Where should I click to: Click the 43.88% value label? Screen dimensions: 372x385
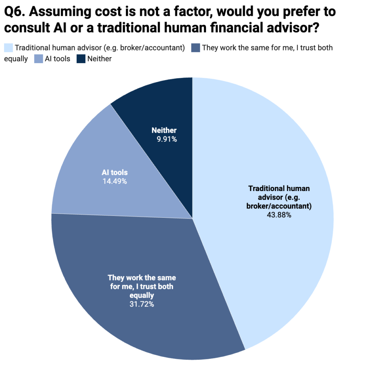[279, 216]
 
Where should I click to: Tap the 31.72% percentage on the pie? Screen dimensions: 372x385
[142, 304]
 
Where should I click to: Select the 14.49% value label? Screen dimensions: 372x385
[114, 181]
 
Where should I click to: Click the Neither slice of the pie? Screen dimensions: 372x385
[165, 109]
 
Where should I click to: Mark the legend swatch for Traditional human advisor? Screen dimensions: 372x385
[8, 48]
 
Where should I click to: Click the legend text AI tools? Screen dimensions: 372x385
[58, 59]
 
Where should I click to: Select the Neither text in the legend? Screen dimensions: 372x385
[99, 59]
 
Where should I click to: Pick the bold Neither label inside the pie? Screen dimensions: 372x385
[164, 131]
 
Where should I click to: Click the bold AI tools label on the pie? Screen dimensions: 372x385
[114, 173]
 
